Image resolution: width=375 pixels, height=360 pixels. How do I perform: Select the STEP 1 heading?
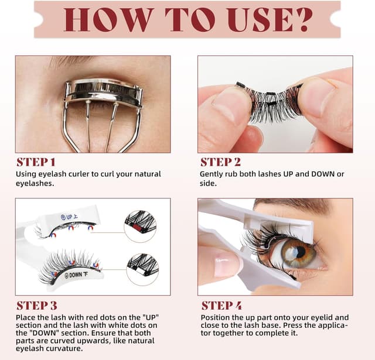point(36,162)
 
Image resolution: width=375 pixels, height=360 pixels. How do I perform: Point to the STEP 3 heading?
point(36,305)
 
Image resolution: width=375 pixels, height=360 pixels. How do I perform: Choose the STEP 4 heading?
point(221,305)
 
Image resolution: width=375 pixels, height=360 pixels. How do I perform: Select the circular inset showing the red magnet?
point(141,223)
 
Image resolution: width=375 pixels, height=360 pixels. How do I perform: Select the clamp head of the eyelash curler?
point(103,94)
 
